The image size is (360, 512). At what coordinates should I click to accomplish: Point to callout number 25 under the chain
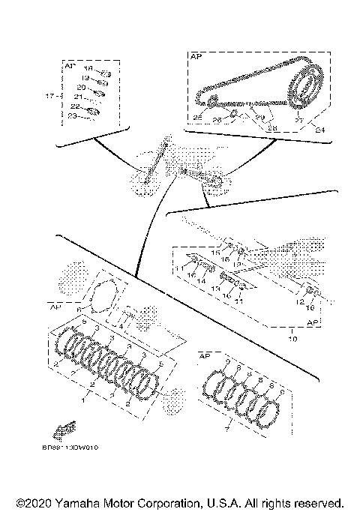(x=198, y=118)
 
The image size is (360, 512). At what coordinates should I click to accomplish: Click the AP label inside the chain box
(x=197, y=56)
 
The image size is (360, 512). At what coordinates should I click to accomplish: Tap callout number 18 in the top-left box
(x=88, y=67)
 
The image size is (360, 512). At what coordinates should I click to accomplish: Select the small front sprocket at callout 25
(x=211, y=100)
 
